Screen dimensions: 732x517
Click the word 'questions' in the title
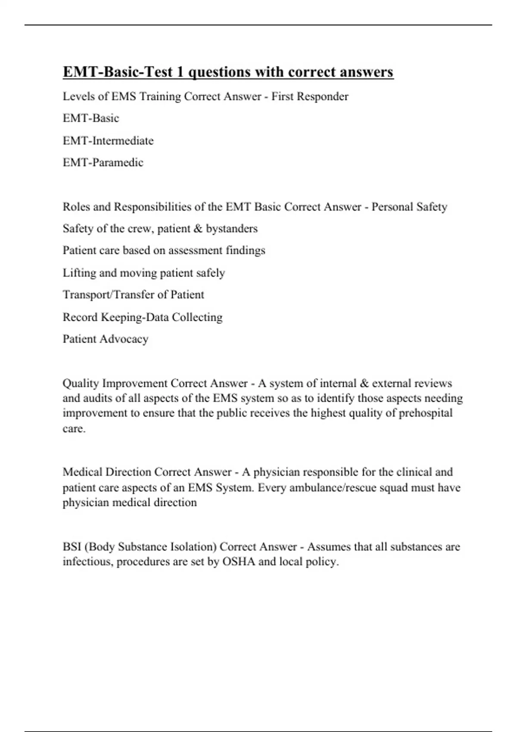point(220,72)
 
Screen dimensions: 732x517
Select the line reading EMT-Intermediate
point(108,141)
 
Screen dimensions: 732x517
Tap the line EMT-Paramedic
point(103,163)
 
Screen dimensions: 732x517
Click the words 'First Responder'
point(309,96)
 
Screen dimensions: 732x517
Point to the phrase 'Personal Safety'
point(409,207)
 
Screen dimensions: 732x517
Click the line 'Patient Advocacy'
point(106,339)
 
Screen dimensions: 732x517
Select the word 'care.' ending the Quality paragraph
point(74,429)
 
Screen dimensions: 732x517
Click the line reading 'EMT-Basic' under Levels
point(91,118)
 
